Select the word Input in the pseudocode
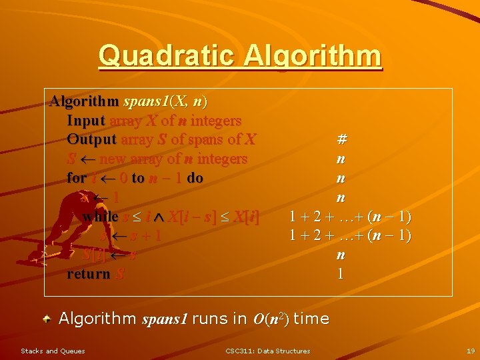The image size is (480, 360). (86, 121)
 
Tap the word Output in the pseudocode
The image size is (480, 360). (91, 140)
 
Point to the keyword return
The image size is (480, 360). (88, 274)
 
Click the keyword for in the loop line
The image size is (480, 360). (76, 178)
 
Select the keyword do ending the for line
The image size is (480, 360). (195, 178)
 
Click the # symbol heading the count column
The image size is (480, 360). (341, 140)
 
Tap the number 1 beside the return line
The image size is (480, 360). (341, 274)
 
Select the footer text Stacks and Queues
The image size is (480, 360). (53, 351)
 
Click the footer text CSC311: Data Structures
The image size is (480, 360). (267, 351)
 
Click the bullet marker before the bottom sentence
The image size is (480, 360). (48, 319)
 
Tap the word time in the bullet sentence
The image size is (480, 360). (311, 319)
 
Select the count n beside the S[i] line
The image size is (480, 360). (341, 255)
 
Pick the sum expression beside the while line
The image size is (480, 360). (350, 217)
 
